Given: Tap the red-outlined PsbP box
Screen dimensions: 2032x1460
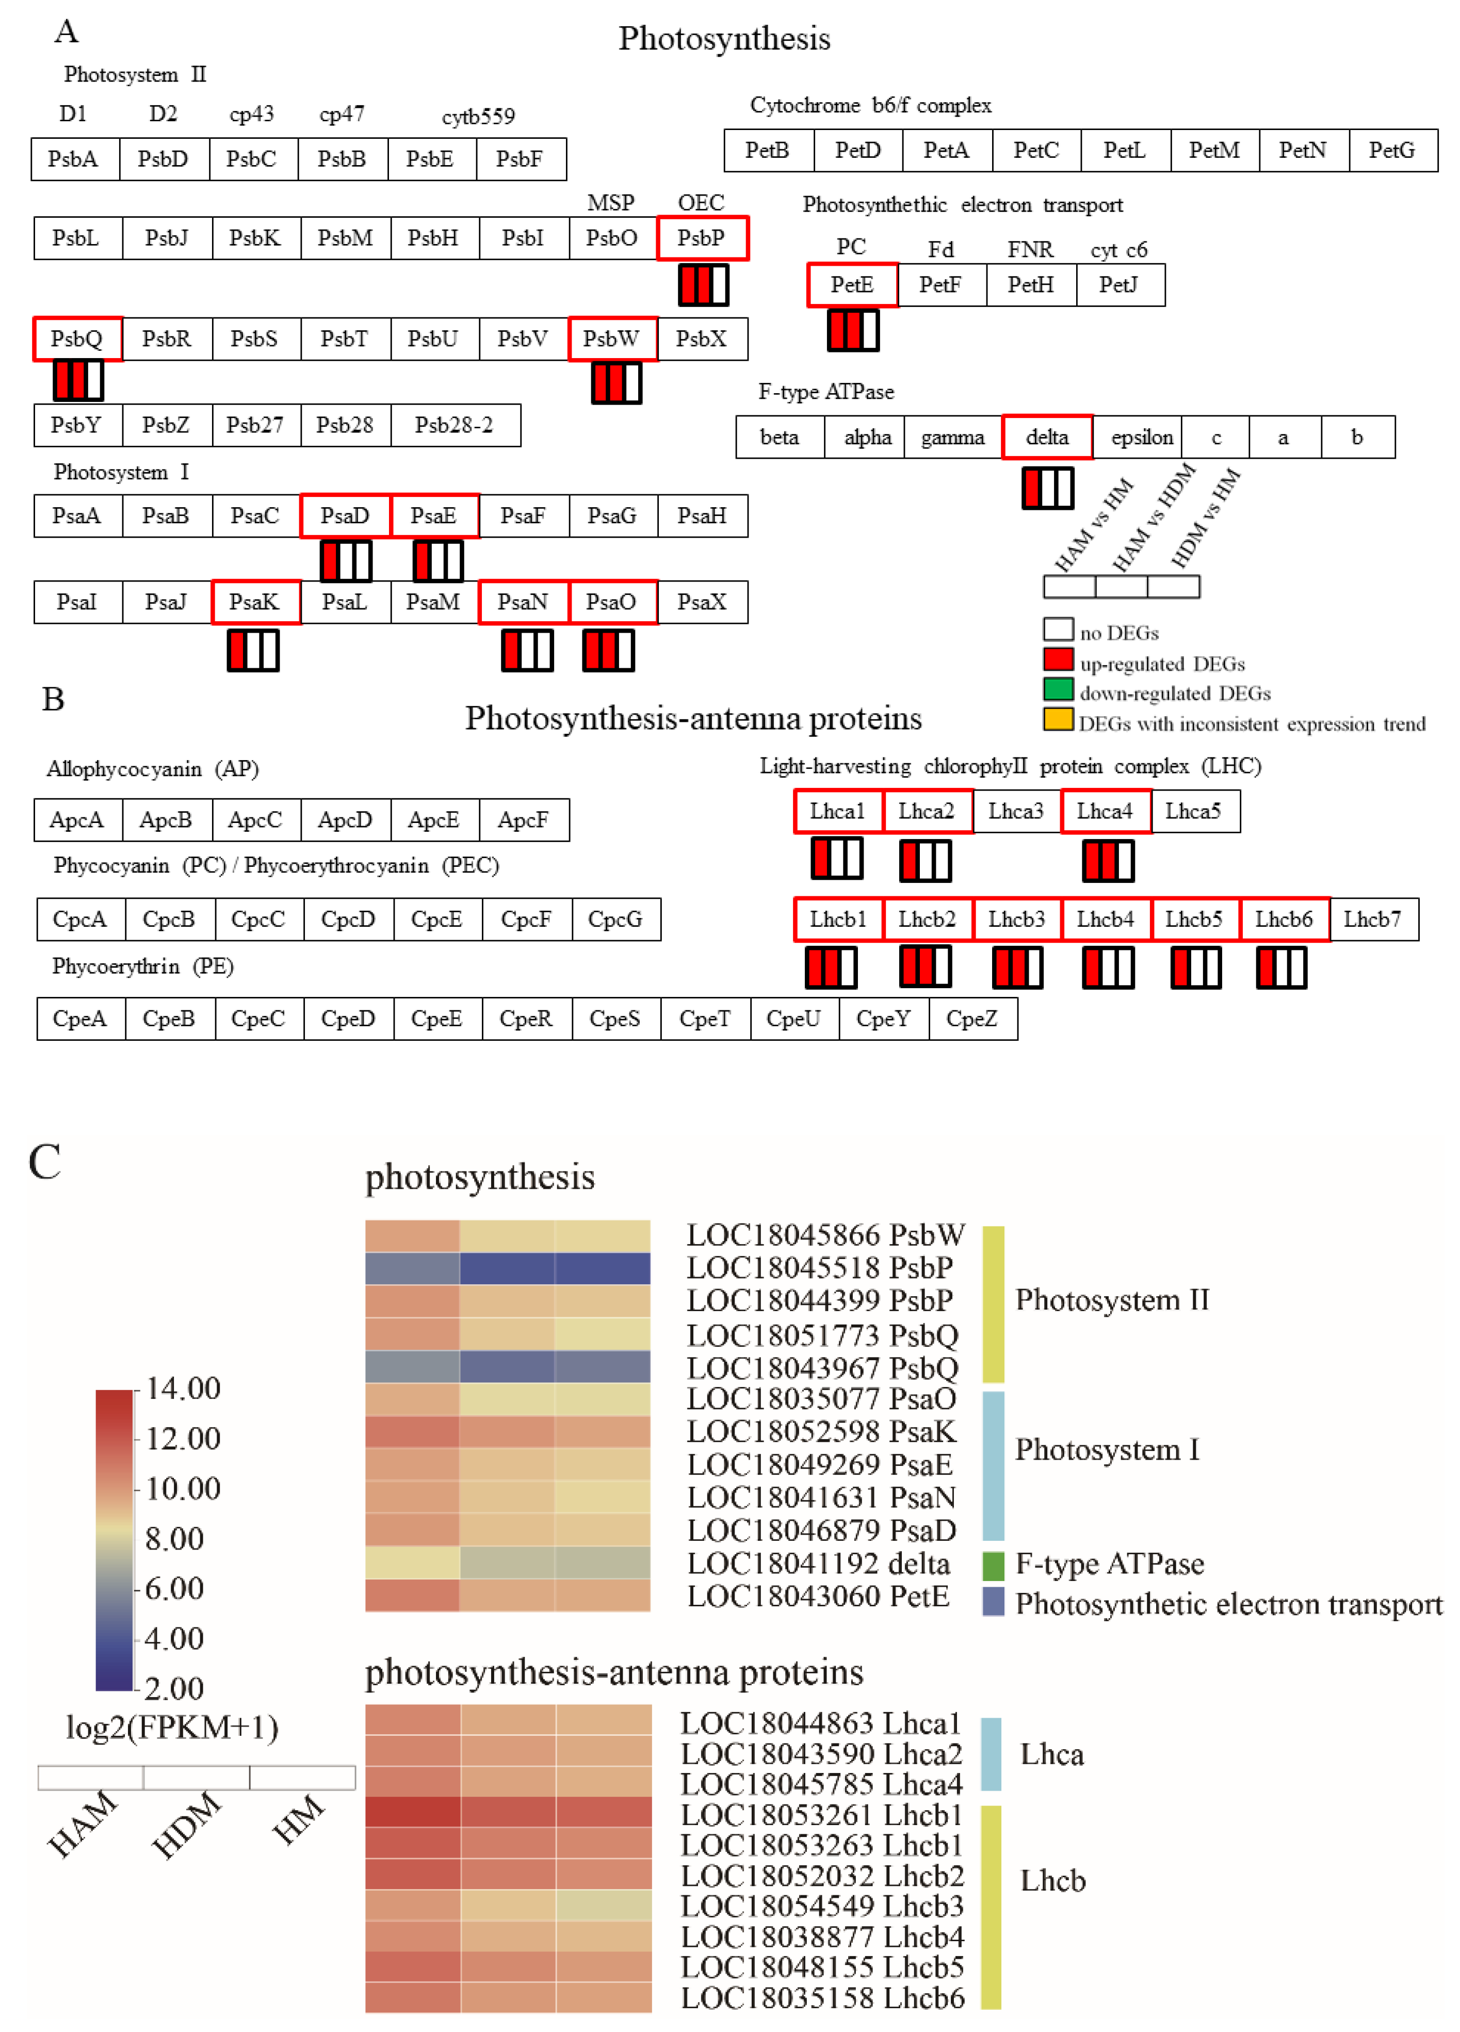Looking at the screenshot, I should [x=701, y=238].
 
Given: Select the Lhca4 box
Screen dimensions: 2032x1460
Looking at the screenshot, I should [x=1105, y=812].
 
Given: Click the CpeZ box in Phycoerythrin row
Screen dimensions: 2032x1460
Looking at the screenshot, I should [x=972, y=1019].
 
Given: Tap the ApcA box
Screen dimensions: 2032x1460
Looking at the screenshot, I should [x=77, y=820].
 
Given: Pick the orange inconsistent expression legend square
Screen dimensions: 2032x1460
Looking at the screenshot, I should [x=1058, y=720].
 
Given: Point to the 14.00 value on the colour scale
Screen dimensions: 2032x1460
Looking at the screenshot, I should [x=183, y=1389].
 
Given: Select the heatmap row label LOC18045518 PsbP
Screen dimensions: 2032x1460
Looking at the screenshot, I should [x=820, y=1268].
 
